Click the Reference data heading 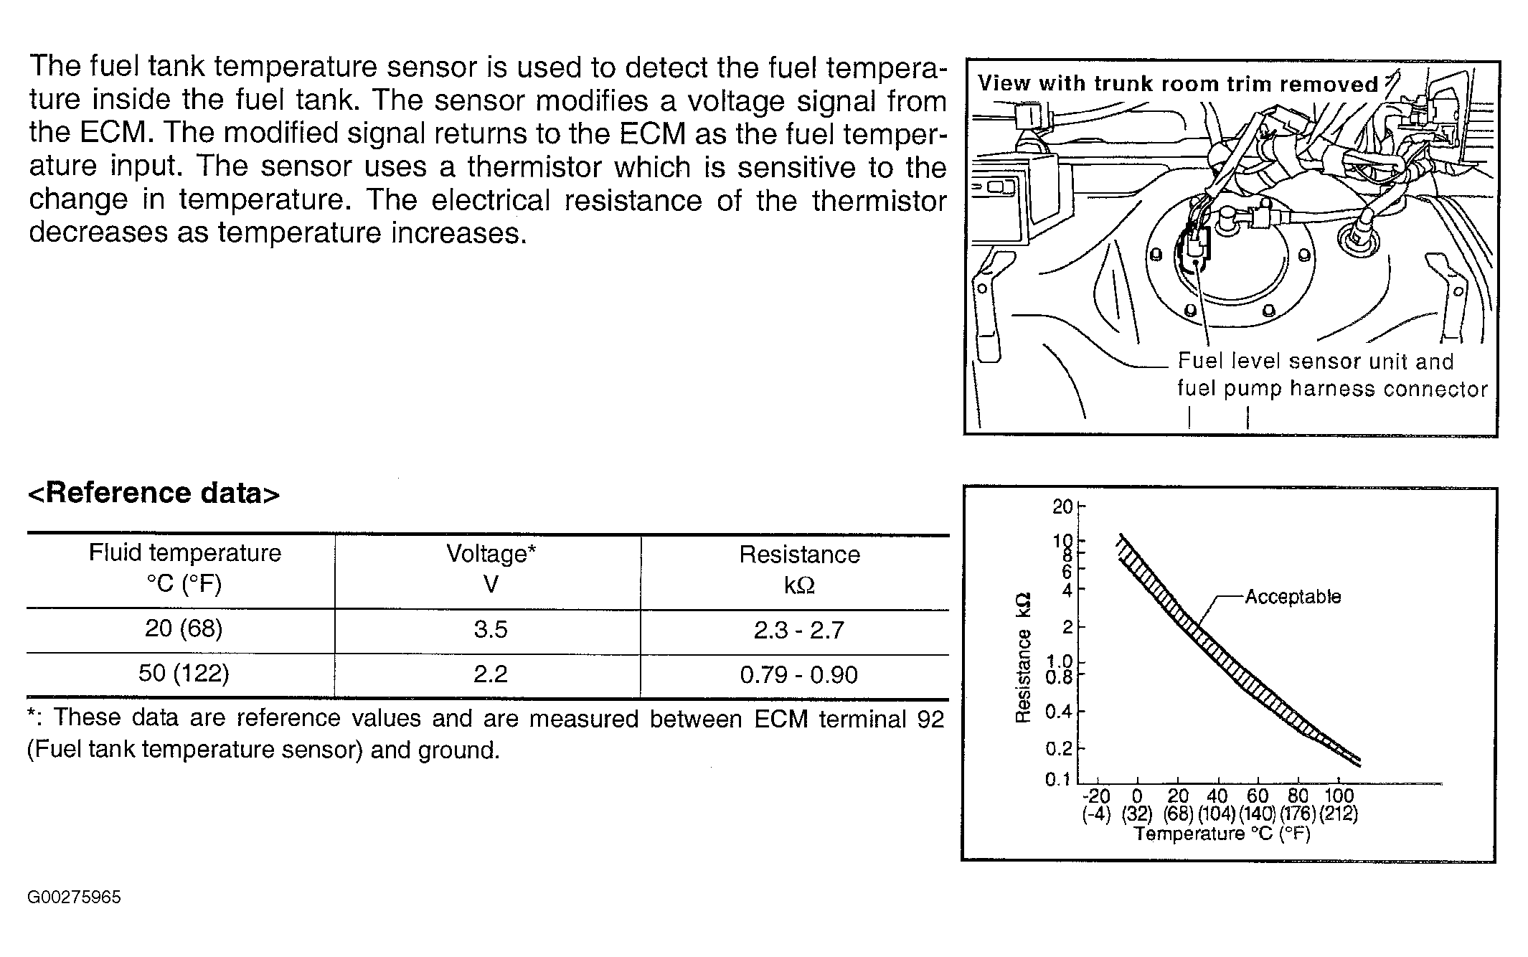(154, 494)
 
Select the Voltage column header (491, 569)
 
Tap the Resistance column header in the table (799, 570)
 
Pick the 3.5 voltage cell (491, 630)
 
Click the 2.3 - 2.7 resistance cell (799, 631)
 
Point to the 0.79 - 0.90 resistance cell (799, 675)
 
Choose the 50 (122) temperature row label (184, 674)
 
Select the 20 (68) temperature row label (184, 629)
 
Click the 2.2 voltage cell (491, 674)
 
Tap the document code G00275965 (74, 897)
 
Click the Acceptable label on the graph (1293, 597)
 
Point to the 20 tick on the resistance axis (1062, 506)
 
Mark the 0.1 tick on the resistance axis (1058, 779)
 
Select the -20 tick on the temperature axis (1095, 796)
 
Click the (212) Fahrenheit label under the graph (1339, 814)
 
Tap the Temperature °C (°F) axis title (1222, 834)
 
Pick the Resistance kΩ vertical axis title (1024, 656)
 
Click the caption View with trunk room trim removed (1178, 84)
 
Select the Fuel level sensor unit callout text (1316, 362)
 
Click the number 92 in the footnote (930, 719)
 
